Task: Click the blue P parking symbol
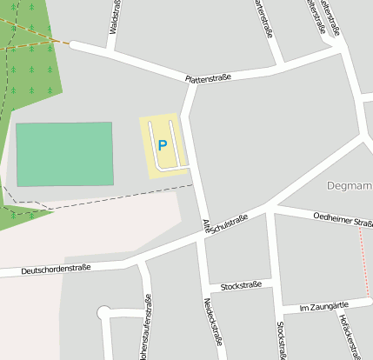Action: coord(162,146)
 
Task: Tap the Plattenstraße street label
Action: coord(208,78)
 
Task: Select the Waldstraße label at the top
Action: coord(115,17)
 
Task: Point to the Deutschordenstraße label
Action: coord(56,270)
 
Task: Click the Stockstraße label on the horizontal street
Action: coord(242,285)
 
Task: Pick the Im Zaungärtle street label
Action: coord(323,306)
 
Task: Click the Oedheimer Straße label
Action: coord(343,220)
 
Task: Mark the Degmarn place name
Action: coord(350,185)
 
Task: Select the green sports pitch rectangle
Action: coord(64,154)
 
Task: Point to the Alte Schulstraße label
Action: coord(225,223)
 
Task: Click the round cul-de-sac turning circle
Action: coord(104,312)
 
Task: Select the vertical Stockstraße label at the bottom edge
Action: coord(280,340)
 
